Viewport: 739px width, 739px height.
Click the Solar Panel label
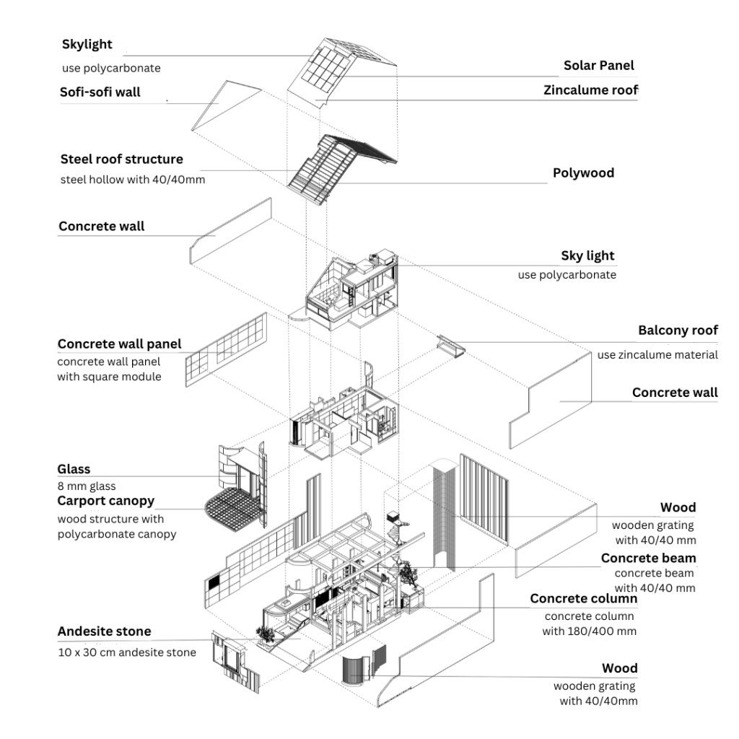pos(598,66)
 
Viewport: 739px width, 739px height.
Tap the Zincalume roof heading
pos(590,90)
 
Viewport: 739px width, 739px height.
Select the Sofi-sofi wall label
pos(100,92)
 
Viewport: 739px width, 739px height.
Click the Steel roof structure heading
pos(121,159)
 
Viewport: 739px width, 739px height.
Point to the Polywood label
pos(583,172)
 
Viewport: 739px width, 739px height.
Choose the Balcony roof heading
pos(678,331)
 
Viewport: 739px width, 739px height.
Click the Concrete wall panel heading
pos(119,344)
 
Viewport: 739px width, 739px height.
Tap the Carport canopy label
pos(105,501)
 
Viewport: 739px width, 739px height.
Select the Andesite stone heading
pos(104,631)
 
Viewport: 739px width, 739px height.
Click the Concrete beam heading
pos(648,558)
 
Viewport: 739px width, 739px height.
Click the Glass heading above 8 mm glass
pos(74,470)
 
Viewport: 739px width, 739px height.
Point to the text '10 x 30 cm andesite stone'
pos(126,652)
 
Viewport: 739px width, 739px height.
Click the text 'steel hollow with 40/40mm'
pos(133,179)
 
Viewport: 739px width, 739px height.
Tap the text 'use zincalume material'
pos(657,354)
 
